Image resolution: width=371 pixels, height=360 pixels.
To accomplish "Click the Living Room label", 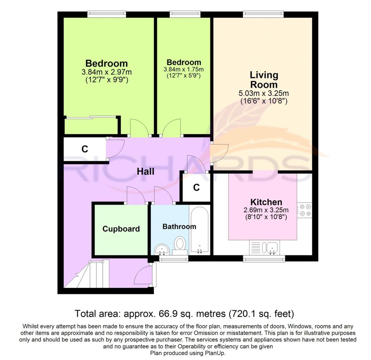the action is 264,80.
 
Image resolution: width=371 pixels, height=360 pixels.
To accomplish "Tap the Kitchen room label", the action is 266,202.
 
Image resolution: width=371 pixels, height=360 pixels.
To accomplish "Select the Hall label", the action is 146,171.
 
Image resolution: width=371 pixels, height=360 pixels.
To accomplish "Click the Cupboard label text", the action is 121,229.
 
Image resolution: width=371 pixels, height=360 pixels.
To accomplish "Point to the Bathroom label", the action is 179,226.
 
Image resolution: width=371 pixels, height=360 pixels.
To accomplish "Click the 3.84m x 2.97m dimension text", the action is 107,72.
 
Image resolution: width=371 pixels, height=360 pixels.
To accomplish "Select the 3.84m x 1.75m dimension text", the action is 184,69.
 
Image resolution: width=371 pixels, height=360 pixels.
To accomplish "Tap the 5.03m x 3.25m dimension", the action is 264,93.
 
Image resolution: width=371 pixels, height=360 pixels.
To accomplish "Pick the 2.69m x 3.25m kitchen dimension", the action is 266,210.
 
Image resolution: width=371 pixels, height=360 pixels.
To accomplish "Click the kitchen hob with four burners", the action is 305,210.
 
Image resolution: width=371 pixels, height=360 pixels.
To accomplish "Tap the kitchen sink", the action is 265,247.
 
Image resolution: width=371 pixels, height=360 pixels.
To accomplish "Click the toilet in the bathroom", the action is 180,246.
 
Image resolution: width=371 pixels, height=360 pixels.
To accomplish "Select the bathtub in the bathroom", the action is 200,230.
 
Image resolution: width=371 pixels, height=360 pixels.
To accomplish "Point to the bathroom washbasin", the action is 162,250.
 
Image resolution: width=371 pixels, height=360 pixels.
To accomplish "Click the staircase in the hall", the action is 87,274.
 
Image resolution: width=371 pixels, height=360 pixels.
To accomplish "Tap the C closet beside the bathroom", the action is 196,188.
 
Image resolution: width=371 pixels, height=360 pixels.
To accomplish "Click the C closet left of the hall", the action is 85,149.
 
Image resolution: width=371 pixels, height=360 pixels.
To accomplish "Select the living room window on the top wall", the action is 263,14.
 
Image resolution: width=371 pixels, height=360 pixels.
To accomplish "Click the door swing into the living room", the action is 219,153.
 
